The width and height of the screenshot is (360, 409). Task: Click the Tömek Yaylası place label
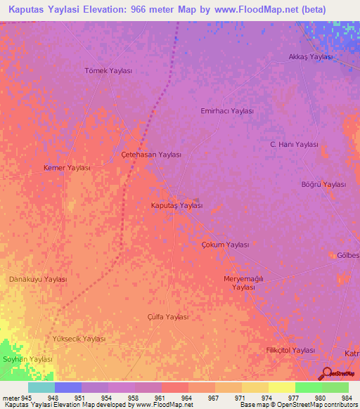108,71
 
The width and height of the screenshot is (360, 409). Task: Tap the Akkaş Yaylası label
310,57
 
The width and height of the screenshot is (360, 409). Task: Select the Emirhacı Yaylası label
226,111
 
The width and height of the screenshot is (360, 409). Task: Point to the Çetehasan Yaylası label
151,155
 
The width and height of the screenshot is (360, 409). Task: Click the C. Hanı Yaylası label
295,144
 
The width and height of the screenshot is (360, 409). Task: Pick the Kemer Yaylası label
67,168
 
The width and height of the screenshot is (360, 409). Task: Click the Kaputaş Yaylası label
177,206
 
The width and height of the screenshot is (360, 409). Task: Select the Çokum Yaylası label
226,245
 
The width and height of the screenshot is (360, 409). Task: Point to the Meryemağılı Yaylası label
243,283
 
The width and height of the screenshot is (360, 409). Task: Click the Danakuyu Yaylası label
38,279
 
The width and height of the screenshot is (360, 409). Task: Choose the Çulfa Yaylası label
168,317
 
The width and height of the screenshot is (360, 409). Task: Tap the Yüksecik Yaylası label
79,339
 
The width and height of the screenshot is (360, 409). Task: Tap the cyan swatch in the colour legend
41,387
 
